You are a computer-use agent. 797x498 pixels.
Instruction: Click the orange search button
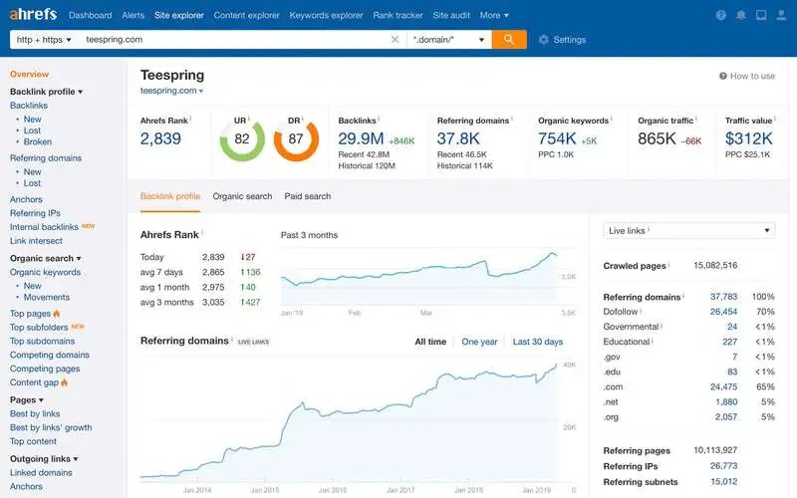click(508, 40)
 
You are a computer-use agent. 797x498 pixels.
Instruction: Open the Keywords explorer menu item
click(326, 15)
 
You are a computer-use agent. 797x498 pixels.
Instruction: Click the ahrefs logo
click(33, 15)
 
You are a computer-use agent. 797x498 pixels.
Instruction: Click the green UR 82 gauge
click(241, 140)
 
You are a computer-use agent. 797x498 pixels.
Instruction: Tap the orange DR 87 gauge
click(296, 140)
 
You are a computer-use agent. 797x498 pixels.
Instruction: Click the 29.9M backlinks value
click(361, 138)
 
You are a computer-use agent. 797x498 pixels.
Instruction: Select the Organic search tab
click(242, 196)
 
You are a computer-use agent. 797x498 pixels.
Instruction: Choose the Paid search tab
click(308, 196)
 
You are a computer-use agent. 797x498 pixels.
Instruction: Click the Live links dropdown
click(688, 230)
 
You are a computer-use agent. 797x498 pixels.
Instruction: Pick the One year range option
click(479, 342)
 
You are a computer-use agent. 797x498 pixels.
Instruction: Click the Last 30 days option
click(537, 342)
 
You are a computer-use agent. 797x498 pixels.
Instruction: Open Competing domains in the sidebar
click(50, 355)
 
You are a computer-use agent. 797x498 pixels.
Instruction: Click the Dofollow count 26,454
click(723, 312)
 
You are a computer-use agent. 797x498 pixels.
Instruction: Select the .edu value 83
click(731, 372)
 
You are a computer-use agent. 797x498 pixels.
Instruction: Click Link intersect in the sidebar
click(36, 241)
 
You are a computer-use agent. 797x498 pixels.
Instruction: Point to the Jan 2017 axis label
click(399, 491)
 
